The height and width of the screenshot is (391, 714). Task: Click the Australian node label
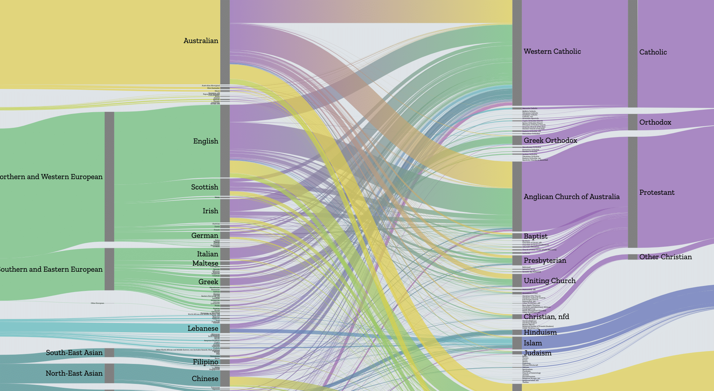click(x=201, y=41)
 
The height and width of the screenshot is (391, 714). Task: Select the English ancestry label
click(x=205, y=141)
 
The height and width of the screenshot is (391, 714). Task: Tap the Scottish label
click(x=204, y=187)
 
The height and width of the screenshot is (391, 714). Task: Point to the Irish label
click(x=210, y=211)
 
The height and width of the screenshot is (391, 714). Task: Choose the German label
click(x=204, y=236)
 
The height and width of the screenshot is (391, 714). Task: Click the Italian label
click(x=208, y=254)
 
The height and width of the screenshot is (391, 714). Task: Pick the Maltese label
click(x=205, y=264)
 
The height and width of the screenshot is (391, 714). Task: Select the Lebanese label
click(x=203, y=329)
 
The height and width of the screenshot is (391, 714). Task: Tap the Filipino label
click(x=205, y=362)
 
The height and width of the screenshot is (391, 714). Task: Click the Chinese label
click(x=205, y=379)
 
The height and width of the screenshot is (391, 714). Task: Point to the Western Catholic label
click(x=552, y=52)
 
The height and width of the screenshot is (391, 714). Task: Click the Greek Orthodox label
click(x=550, y=141)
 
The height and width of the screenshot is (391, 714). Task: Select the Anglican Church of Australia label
click(x=571, y=197)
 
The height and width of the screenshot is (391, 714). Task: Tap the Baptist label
click(x=535, y=236)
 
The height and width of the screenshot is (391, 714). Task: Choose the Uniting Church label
click(x=549, y=281)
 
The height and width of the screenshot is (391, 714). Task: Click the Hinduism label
click(x=540, y=333)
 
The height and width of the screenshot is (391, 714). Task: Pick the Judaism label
click(x=537, y=353)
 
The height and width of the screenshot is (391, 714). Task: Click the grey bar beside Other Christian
click(x=632, y=257)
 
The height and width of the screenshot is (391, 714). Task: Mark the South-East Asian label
click(x=74, y=353)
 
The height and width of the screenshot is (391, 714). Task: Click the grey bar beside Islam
click(x=517, y=343)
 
